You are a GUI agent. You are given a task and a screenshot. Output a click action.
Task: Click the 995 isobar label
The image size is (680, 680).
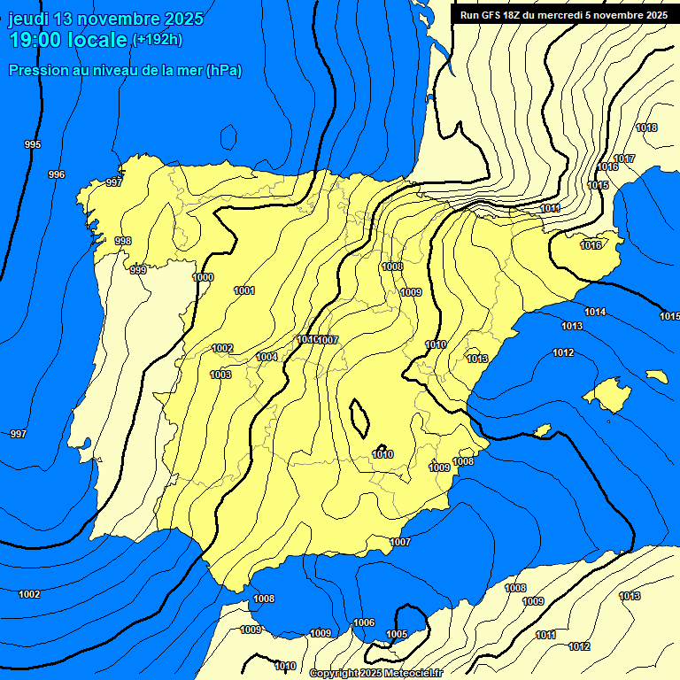[x=33, y=144]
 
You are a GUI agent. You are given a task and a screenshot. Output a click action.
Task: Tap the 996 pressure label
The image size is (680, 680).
[x=57, y=174]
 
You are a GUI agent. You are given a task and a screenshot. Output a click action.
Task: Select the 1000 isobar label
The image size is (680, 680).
[x=203, y=277]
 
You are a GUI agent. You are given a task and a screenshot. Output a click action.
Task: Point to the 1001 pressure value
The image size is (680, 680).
[x=244, y=290]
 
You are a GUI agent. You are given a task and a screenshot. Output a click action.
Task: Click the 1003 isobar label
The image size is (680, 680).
[x=220, y=375]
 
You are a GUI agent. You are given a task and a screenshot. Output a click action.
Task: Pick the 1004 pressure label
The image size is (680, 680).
[x=267, y=357]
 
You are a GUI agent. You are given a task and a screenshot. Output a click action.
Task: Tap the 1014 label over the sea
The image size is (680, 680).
[x=595, y=312]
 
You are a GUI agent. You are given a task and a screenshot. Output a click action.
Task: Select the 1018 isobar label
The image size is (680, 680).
[x=647, y=127]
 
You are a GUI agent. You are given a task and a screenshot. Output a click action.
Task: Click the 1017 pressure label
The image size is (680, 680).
[x=624, y=158]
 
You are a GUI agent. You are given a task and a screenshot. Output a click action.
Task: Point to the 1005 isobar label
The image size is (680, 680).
[x=397, y=634]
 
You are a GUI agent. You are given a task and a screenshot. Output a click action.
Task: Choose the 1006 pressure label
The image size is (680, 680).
[x=364, y=622]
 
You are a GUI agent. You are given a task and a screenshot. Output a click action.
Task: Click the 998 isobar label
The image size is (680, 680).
[x=123, y=241]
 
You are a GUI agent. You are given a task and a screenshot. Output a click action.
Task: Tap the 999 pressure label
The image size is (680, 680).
[x=138, y=270]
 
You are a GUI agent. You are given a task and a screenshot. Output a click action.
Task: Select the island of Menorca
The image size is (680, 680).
[x=656, y=376]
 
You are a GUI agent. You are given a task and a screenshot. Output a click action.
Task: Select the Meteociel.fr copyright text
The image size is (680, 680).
[x=375, y=673]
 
